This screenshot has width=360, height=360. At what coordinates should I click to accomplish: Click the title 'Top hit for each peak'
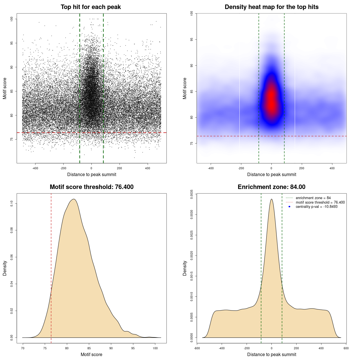click(91, 7)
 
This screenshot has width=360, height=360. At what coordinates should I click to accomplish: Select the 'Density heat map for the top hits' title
click(271, 7)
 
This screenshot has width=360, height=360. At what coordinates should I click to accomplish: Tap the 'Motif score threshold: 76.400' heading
click(91, 187)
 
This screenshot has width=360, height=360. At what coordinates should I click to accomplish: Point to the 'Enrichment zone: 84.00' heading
click(271, 187)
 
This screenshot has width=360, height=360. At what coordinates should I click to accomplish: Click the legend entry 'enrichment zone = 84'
click(313, 198)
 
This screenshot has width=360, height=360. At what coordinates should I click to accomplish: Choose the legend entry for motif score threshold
click(320, 202)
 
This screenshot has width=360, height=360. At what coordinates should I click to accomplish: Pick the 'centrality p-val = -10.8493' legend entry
click(316, 207)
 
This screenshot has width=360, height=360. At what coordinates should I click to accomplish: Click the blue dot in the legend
click(289, 207)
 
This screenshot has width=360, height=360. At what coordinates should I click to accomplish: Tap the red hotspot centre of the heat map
click(271, 101)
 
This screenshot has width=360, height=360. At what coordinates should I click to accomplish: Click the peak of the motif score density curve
click(74, 199)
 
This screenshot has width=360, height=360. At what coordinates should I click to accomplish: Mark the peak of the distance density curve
click(271, 199)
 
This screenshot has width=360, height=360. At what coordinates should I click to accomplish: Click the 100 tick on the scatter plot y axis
click(12, 19)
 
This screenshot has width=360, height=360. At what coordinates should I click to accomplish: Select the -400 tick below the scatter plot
click(35, 168)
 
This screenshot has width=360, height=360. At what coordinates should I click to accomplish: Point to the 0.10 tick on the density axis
click(12, 203)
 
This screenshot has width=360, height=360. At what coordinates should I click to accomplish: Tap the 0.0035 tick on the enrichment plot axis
click(192, 194)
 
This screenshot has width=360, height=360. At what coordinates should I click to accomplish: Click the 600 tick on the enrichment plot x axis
click(346, 348)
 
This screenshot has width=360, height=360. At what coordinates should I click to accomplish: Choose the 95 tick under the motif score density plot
click(133, 348)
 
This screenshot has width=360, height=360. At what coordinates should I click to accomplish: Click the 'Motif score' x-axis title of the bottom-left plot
click(91, 354)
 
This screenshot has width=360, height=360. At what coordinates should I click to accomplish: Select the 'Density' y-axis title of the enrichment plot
click(185, 268)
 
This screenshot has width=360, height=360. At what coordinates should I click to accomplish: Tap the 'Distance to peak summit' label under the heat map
click(271, 174)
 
